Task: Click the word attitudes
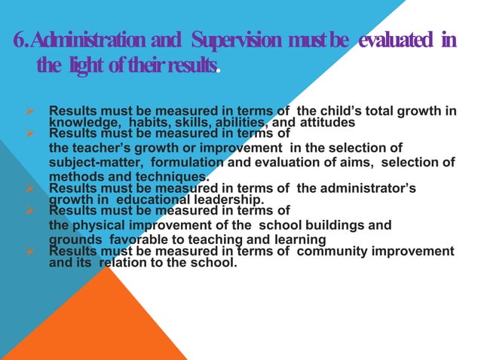point(329,124)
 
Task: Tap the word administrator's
point(370,188)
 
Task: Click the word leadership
point(220,199)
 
